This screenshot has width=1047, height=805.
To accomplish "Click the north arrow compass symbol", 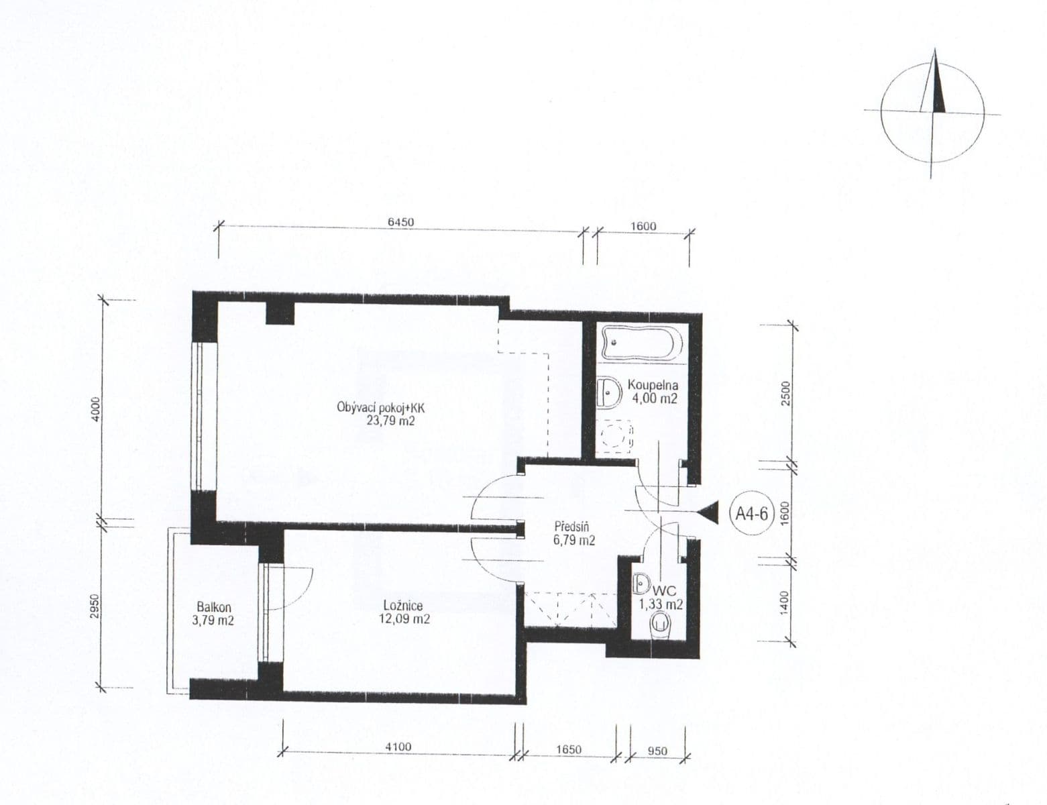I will [x=932, y=112].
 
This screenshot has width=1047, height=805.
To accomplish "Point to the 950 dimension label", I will [x=657, y=751].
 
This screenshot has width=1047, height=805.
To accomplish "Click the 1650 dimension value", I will [x=569, y=749].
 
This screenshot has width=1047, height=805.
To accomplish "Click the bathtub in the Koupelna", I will [x=643, y=343].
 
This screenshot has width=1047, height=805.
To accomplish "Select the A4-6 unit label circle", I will [x=752, y=514].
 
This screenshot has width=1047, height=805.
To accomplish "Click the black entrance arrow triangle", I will [x=708, y=513].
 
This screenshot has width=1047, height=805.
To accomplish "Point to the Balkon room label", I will [x=214, y=607].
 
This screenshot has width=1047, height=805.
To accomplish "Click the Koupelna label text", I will [x=653, y=386].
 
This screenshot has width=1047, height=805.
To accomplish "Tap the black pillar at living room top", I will [x=280, y=312].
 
